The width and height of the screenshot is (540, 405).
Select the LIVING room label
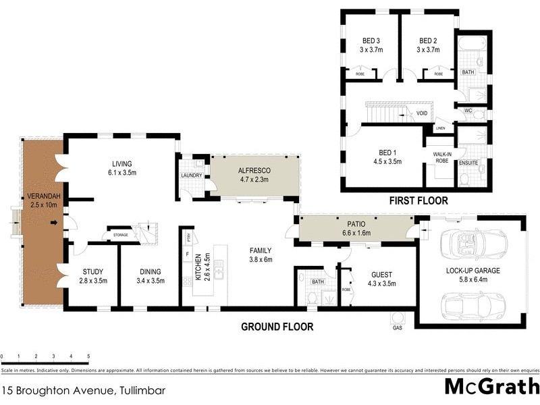point(122,163)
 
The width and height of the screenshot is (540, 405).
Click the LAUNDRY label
point(192,178)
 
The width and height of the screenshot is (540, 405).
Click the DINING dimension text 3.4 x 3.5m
point(151,280)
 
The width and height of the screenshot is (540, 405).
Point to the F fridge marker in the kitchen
point(187,254)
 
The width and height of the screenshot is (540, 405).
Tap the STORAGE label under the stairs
point(121,235)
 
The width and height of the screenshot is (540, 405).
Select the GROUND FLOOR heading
point(277,327)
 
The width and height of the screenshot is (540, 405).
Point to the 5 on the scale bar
point(88,355)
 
